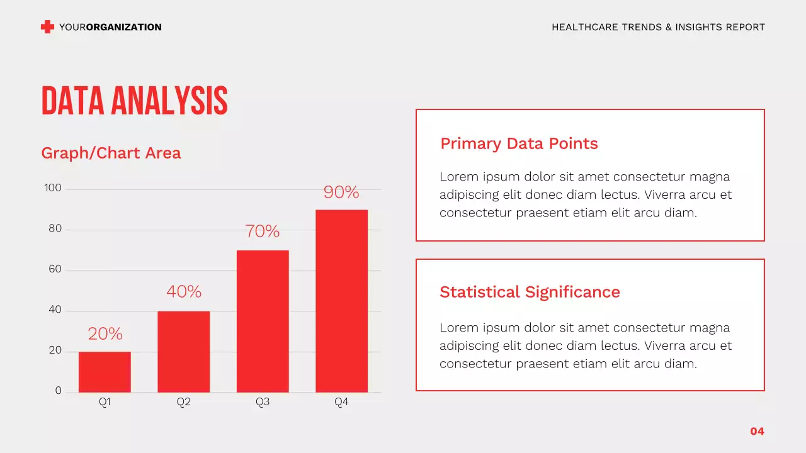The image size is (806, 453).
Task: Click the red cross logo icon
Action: [x=47, y=26]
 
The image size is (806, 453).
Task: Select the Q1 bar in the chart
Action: [x=105, y=372]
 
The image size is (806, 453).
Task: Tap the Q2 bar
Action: [x=183, y=351]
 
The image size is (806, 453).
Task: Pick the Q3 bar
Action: [x=263, y=321]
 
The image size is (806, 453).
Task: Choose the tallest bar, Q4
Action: [x=341, y=301]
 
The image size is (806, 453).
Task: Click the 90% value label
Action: [x=341, y=192]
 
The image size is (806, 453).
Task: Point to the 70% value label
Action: [x=263, y=232]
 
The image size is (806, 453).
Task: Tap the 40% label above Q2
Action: [x=183, y=292]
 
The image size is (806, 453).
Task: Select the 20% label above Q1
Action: [x=105, y=333]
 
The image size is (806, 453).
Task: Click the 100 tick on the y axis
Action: [x=53, y=188]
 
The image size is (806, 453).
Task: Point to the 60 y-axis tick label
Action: [x=55, y=269]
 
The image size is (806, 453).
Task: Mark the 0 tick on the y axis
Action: [x=58, y=391]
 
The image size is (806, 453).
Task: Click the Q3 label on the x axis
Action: [x=263, y=402]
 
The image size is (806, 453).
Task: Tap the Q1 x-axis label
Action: [x=105, y=402]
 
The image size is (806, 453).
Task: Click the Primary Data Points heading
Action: [x=519, y=143]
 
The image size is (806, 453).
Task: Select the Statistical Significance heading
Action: [x=530, y=292]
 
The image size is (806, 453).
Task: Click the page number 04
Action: [x=757, y=431]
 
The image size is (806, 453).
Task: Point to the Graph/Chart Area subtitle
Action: [x=111, y=153]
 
